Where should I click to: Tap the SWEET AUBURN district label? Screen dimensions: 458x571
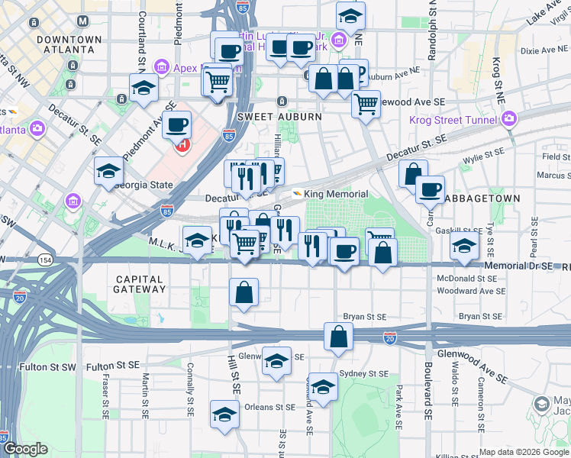(x=266, y=117)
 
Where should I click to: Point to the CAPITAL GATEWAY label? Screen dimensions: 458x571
(x=139, y=284)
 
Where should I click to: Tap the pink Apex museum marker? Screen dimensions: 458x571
(x=162, y=67)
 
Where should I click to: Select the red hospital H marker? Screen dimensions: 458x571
(x=182, y=144)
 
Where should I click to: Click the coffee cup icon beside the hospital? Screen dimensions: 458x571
(x=177, y=123)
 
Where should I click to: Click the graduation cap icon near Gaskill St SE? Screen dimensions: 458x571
(x=464, y=246)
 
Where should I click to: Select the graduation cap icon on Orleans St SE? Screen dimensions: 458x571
(x=224, y=414)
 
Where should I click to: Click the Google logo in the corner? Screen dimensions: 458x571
(x=26, y=449)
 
